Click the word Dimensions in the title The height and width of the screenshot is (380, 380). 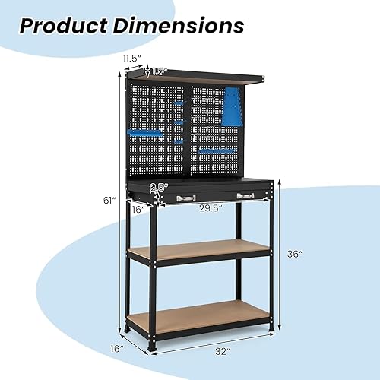click(x=181, y=25)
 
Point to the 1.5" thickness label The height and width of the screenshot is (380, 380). click(x=159, y=71)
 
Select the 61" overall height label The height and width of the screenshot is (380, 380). click(x=109, y=201)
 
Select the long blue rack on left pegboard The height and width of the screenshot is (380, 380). click(x=146, y=133)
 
